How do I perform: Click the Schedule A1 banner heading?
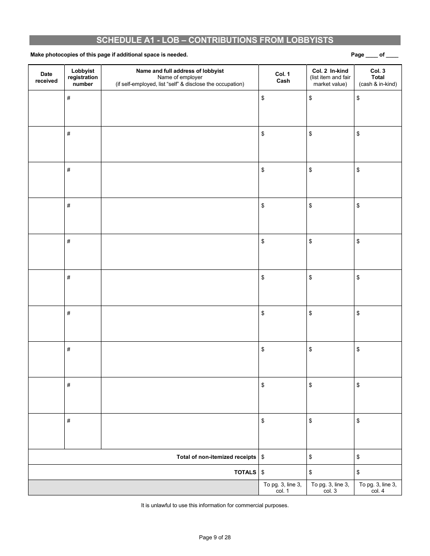(215, 40)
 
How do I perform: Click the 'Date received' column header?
(46, 77)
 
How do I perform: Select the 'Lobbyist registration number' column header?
(83, 77)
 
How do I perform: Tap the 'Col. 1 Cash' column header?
(283, 77)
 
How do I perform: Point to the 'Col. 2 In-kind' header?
(330, 77)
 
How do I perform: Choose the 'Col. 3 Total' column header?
(378, 77)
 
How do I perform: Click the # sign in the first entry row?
(69, 98)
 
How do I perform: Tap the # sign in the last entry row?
(69, 421)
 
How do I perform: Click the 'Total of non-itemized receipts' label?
(216, 457)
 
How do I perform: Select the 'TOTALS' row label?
(245, 472)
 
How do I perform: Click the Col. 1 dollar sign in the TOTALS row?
(263, 472)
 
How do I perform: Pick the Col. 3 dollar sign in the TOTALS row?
(358, 472)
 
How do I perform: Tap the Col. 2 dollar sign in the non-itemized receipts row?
(311, 457)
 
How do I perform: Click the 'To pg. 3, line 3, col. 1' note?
(282, 488)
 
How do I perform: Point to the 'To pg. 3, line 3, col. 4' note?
(377, 488)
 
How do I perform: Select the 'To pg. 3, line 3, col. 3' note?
(330, 488)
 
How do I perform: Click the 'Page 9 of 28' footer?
(215, 537)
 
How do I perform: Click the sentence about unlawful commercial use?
(215, 505)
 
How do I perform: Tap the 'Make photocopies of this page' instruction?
(109, 55)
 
